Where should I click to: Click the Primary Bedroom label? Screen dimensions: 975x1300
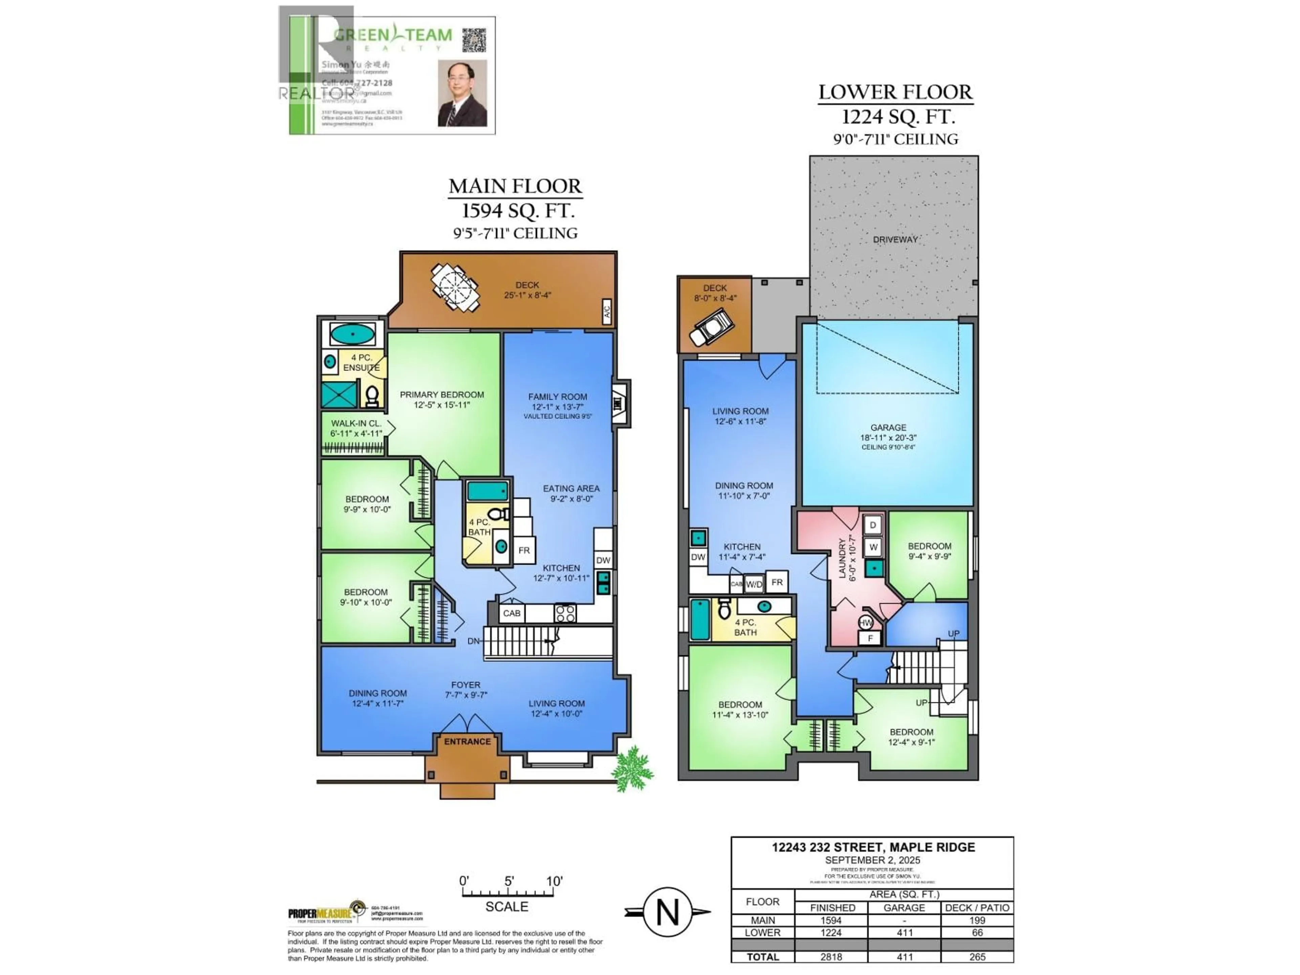click(x=441, y=395)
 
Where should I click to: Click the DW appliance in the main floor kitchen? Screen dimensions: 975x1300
click(x=603, y=560)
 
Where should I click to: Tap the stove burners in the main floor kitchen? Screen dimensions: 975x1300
click(x=565, y=613)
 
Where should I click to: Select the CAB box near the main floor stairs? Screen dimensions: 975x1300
click(x=511, y=613)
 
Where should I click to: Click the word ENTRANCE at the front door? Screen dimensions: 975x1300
click(x=467, y=742)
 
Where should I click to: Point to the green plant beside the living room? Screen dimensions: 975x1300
click(x=632, y=769)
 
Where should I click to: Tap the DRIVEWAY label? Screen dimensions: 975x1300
click(x=894, y=240)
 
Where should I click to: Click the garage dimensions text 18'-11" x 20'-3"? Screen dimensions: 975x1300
click(x=888, y=438)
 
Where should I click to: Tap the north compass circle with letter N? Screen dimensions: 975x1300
click(x=667, y=912)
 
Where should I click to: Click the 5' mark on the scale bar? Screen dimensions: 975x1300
click(x=509, y=882)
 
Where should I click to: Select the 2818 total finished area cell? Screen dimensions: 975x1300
click(x=831, y=957)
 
